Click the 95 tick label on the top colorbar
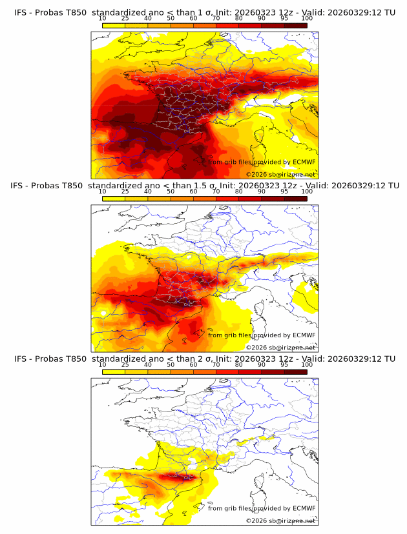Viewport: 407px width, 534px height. pos(285,19)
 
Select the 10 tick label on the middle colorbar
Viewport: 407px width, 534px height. pos(102,192)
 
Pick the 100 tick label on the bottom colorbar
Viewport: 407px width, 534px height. pos(308,364)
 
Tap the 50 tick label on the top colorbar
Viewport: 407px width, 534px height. pos(171,19)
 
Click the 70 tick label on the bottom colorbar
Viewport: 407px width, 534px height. pos(216,364)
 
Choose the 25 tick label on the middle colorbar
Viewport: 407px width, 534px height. pos(125,192)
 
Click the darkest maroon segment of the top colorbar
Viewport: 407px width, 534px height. pos(296,25)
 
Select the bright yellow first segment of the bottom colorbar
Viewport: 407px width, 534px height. pos(113,371)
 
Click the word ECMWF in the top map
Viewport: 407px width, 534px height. pos(304,162)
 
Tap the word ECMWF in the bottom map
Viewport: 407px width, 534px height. pos(304,508)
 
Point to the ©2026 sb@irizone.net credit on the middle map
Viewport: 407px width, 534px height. pos(281,347)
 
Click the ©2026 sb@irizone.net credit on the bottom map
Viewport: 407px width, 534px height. pos(281,520)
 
